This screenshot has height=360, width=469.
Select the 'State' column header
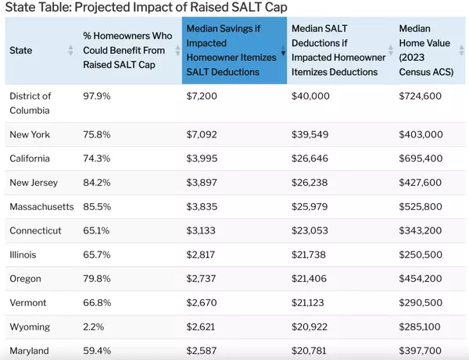pyautogui.click(x=21, y=50)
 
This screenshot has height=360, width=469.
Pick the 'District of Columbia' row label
pyautogui.click(x=30, y=103)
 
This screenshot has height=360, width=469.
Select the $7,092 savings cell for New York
pyautogui.click(x=202, y=134)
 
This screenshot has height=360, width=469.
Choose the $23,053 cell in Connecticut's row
pyautogui.click(x=310, y=231)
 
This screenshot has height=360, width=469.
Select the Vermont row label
pyautogui.click(x=28, y=303)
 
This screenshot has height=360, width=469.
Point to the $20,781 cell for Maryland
pyautogui.click(x=310, y=351)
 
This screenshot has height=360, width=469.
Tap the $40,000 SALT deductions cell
pyautogui.click(x=310, y=96)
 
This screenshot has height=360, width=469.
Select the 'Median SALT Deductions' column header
pyautogui.click(x=338, y=50)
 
